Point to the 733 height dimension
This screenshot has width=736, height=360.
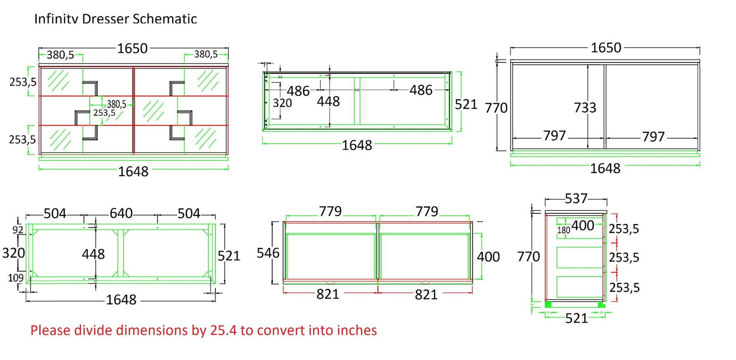point(585,107)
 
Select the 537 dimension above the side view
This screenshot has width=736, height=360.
point(576,199)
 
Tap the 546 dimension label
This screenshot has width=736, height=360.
point(268,253)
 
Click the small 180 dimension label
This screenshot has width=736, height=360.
point(563,231)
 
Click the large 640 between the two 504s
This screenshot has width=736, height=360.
point(121,214)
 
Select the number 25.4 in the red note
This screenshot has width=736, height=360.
point(224,330)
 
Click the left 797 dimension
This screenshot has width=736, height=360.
point(554,136)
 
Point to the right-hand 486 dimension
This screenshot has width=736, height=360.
point(421,90)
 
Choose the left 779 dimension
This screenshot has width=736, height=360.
point(330,211)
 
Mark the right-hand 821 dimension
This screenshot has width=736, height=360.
point(426,294)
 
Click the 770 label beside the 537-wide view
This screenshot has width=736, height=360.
point(528,257)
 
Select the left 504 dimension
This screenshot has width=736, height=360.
point(55,214)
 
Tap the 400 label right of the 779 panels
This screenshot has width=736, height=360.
point(488,257)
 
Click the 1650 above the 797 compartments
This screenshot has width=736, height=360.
point(606,48)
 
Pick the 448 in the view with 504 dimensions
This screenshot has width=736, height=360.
point(93,254)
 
